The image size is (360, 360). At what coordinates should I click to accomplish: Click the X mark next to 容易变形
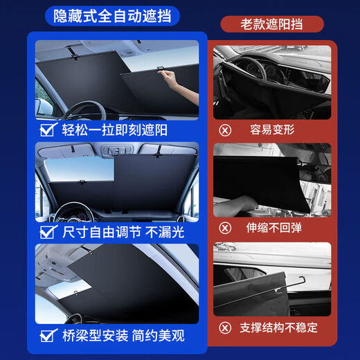[x=224, y=129]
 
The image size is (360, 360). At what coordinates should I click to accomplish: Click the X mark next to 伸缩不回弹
[x=224, y=226]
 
